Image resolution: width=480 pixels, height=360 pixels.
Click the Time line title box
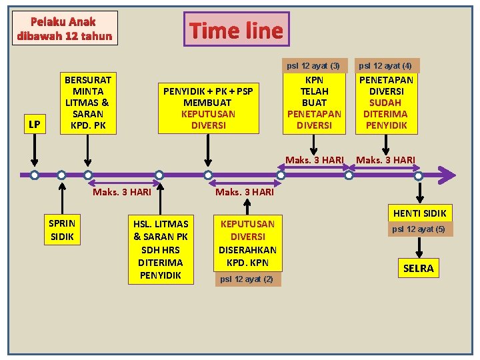click(236, 30)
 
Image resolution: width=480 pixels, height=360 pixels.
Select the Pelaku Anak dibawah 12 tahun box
click(65, 29)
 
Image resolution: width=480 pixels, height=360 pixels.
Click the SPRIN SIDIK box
click(62, 229)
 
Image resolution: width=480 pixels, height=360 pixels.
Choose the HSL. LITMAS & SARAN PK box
click(161, 248)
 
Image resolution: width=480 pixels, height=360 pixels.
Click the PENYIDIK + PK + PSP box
click(208, 107)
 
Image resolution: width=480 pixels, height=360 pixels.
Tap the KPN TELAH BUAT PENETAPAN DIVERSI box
click(313, 102)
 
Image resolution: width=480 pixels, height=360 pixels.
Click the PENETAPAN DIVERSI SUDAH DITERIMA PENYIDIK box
click(386, 102)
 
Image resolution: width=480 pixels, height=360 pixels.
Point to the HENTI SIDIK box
click(420, 213)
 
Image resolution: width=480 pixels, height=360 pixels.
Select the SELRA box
click(418, 268)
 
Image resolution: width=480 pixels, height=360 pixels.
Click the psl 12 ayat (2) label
click(247, 279)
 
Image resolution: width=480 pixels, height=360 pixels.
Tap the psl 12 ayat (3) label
click(313, 65)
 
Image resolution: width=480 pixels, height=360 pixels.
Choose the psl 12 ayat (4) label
click(385, 65)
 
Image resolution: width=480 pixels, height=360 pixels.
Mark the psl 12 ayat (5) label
click(418, 229)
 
